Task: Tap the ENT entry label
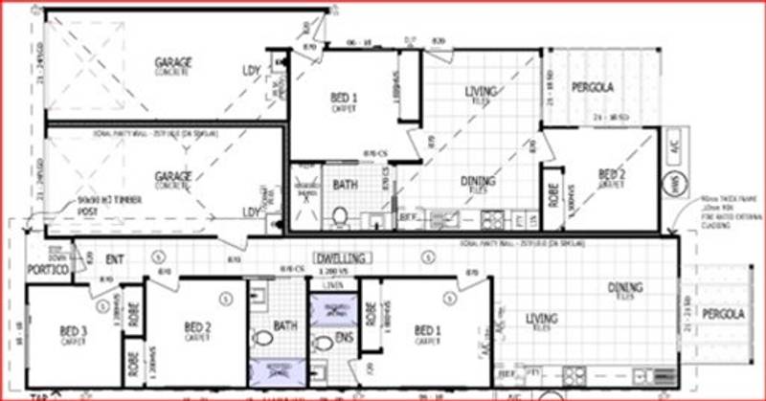pos(114,257)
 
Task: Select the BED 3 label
pos(73,331)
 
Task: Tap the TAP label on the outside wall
pos(39,395)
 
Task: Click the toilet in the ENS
pos(324,343)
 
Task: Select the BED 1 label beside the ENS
pos(427,331)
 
